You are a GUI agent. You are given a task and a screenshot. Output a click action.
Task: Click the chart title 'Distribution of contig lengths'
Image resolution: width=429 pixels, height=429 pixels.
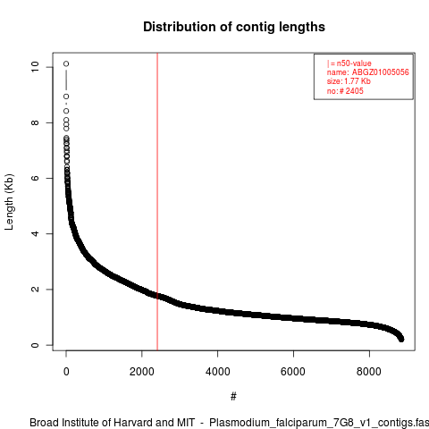[234, 27]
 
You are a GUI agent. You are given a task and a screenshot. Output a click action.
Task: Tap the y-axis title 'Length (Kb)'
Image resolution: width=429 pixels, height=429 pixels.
[9, 202]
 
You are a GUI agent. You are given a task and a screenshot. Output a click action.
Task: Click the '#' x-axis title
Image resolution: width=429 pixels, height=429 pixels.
[233, 397]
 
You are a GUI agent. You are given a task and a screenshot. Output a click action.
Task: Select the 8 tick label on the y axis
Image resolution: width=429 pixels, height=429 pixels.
[35, 122]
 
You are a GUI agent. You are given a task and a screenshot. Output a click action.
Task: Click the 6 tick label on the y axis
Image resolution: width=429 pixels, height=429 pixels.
[35, 178]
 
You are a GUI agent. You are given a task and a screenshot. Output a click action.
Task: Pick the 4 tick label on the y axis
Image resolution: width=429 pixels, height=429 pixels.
[35, 233]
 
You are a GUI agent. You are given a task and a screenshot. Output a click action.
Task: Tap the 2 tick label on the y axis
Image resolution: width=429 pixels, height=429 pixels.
[35, 290]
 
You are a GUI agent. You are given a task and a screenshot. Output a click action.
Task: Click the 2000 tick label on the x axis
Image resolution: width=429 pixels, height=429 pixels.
[142, 372]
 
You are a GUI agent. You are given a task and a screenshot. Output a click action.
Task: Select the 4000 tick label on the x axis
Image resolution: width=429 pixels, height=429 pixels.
[218, 372]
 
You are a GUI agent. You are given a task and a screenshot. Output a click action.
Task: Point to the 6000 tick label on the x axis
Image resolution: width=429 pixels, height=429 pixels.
[293, 372]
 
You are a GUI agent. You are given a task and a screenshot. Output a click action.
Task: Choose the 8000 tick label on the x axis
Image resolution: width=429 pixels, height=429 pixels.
[369, 372]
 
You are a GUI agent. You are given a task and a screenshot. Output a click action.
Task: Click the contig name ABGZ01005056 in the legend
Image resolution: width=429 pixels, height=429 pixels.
[381, 72]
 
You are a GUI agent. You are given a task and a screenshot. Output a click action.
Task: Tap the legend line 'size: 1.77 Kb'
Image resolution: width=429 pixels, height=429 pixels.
[349, 81]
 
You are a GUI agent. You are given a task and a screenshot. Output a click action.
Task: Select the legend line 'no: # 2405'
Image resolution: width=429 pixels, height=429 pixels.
[345, 91]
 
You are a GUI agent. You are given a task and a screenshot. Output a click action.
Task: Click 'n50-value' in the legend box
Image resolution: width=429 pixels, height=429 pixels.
[354, 63]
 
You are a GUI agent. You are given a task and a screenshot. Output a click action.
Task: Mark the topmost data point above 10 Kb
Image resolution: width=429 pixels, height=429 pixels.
[66, 63]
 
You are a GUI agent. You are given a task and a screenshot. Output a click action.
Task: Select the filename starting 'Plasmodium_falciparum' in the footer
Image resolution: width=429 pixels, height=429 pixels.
[319, 423]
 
